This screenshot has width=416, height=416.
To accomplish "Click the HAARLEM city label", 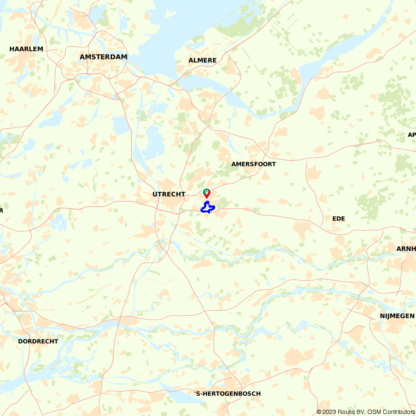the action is pos(26,49).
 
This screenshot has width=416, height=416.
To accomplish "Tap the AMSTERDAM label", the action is pos(104,57).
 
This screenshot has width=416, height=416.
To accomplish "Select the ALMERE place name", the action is pos(203,60).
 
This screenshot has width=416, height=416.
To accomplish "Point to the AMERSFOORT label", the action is pos(254,164).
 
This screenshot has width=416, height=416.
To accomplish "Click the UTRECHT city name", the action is pos(169,194).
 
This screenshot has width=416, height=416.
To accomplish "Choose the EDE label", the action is pos(339,218).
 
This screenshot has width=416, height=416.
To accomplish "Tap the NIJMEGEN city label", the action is pos(397,316).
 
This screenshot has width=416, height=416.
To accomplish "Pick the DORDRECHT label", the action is pos(38,341).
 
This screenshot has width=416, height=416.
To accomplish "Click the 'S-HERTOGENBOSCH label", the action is pos(228,394).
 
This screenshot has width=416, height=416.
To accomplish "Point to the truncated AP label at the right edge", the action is pos(411,135).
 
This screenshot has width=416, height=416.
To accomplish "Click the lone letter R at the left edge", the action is pos(1,210).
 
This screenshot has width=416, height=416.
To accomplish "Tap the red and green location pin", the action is pos(206,193).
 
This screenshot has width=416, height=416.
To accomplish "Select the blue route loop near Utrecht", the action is pos(207,208).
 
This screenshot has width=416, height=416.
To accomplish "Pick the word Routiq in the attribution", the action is pos(347,412).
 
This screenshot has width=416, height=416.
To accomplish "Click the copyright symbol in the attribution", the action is pos(319,412).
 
